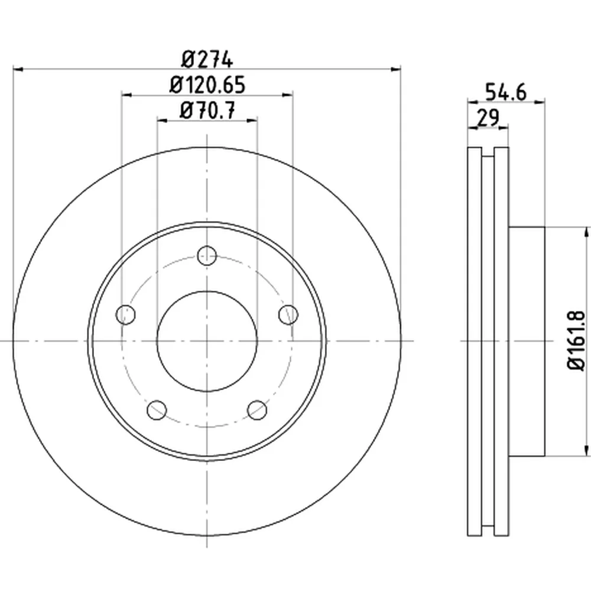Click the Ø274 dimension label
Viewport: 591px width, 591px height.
[207, 60]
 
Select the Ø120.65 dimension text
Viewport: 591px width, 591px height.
[207, 85]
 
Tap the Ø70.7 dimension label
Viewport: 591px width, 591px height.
[207, 111]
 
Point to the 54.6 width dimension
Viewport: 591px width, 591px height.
[505, 92]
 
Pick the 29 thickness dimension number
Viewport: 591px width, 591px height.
[488, 118]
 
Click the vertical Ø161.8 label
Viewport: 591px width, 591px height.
[577, 340]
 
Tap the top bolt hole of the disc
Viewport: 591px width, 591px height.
[207, 256]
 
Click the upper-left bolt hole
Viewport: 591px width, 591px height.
[125, 314]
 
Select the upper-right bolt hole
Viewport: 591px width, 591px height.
[288, 314]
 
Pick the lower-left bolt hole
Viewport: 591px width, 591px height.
[157, 410]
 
